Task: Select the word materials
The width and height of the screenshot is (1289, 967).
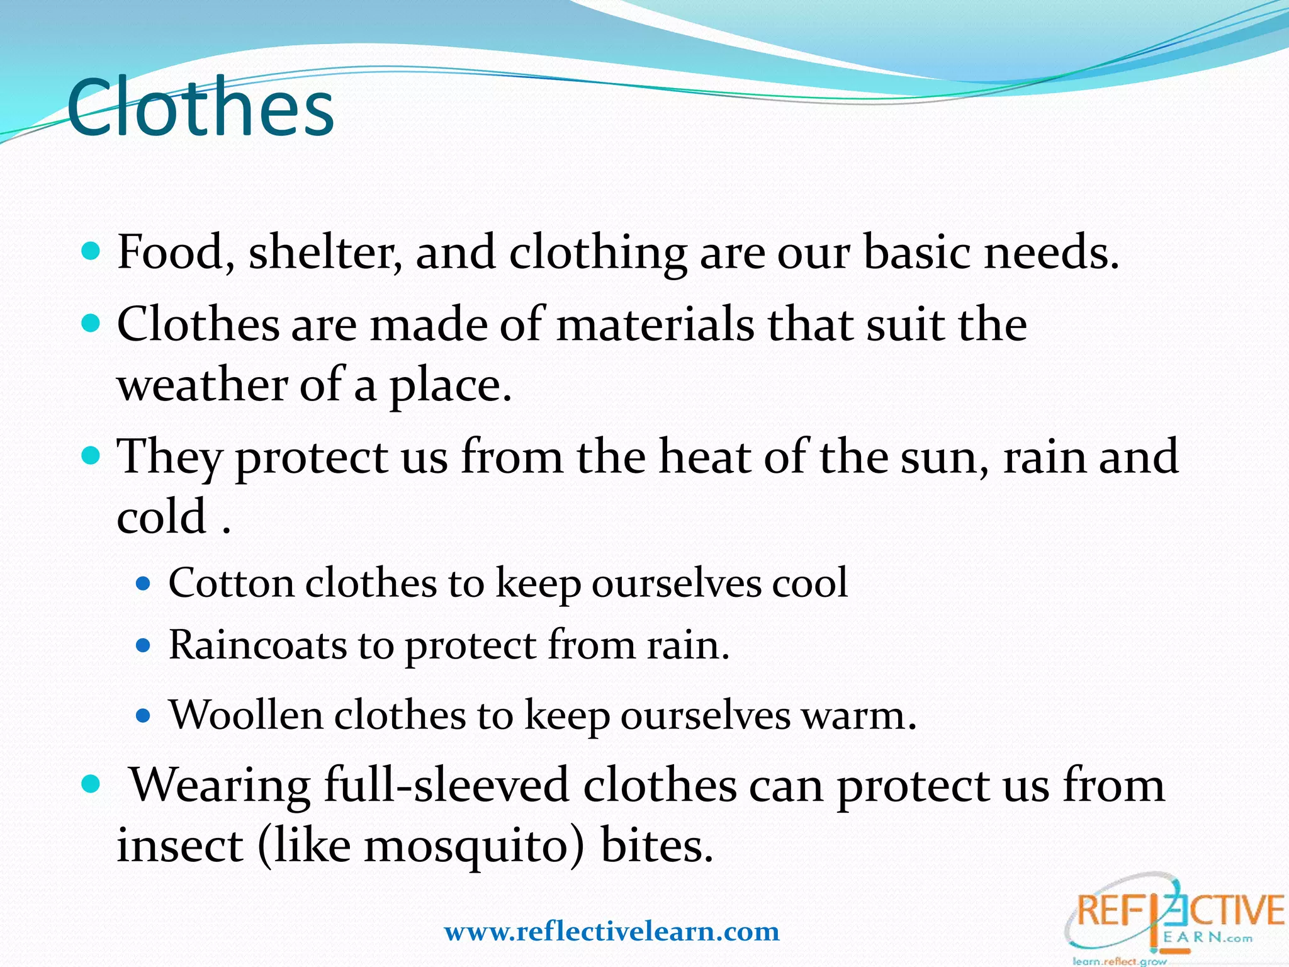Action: [655, 324]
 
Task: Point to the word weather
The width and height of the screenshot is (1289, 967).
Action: [201, 385]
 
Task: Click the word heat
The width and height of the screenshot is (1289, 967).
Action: [704, 456]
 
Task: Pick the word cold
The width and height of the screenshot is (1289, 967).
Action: [162, 516]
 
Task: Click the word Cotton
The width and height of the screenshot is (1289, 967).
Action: [231, 583]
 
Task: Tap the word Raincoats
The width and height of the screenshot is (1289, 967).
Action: [257, 645]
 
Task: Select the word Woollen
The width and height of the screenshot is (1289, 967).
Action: [245, 715]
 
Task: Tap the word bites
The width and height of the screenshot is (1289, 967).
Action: [656, 845]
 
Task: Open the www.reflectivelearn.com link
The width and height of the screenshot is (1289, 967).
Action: [611, 931]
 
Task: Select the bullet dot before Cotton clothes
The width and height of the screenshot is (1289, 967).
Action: [144, 584]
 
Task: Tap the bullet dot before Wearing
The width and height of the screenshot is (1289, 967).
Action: [91, 784]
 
